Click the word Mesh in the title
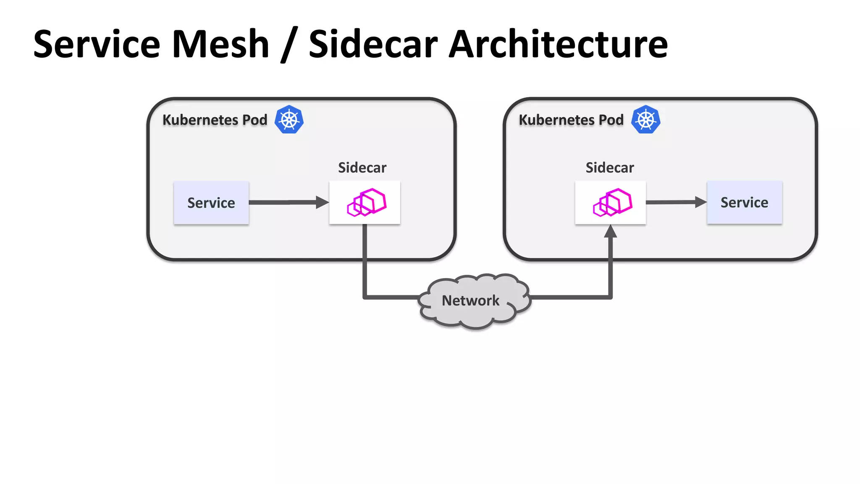click(220, 44)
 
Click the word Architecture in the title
click(558, 44)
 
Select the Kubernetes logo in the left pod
click(289, 120)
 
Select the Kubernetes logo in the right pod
click(646, 120)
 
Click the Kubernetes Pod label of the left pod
click(215, 120)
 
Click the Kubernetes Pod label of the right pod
click(571, 120)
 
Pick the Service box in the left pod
click(211, 203)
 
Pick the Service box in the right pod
click(744, 203)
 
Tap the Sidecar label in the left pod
click(362, 168)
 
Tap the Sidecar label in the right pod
click(610, 168)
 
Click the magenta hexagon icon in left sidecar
click(367, 203)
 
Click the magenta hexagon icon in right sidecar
click(612, 203)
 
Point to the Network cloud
click(475, 300)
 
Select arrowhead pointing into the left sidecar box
click(322, 203)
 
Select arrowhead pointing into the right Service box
click(700, 202)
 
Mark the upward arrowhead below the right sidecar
click(611, 231)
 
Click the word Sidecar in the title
click(373, 44)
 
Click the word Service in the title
click(97, 44)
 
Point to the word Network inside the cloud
click(470, 300)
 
